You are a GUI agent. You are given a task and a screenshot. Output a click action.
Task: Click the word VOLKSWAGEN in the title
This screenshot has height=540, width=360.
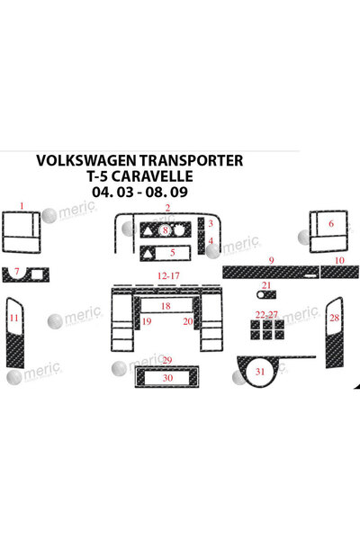tap(87, 160)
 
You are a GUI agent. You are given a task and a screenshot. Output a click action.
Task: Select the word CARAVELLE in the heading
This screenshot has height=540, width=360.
tap(152, 176)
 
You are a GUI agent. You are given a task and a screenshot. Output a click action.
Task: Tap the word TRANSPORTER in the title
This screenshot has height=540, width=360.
tap(191, 160)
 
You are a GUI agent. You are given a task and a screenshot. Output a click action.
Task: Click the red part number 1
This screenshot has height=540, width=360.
tap(22, 206)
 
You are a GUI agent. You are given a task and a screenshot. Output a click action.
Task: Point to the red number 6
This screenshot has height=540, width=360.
tap(331, 223)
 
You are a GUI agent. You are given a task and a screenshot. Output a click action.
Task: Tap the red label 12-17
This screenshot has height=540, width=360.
tap(168, 276)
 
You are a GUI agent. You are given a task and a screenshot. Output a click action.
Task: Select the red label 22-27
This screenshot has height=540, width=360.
tap(266, 314)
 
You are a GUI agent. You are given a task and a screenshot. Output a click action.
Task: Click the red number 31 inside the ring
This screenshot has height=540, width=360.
tap(260, 371)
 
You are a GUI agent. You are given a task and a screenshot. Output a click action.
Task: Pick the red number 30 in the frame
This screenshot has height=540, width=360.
tap(167, 378)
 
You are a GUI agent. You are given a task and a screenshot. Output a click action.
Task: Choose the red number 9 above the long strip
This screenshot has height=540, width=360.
tap(272, 261)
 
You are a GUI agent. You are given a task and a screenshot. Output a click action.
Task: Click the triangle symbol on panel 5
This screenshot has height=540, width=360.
tap(147, 254)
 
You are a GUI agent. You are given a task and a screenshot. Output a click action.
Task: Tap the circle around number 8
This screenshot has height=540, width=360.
tap(166, 229)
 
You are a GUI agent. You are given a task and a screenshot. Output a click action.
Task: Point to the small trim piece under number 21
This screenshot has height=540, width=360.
tap(266, 295)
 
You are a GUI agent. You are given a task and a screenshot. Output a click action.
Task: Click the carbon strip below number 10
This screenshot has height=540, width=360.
tap(339, 272)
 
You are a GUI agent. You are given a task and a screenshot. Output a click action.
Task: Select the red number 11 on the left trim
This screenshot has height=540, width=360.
tap(13, 318)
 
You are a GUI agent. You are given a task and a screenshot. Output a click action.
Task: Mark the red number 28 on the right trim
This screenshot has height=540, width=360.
tap(335, 318)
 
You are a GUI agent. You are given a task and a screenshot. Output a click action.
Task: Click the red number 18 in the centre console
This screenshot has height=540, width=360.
tap(166, 306)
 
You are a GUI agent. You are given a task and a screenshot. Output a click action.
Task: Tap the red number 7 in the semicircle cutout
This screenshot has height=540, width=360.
tap(17, 272)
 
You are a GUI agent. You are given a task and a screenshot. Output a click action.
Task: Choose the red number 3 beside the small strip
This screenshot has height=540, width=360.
tap(211, 223)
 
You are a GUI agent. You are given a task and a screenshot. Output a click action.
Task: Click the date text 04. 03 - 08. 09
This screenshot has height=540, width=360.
tap(139, 192)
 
